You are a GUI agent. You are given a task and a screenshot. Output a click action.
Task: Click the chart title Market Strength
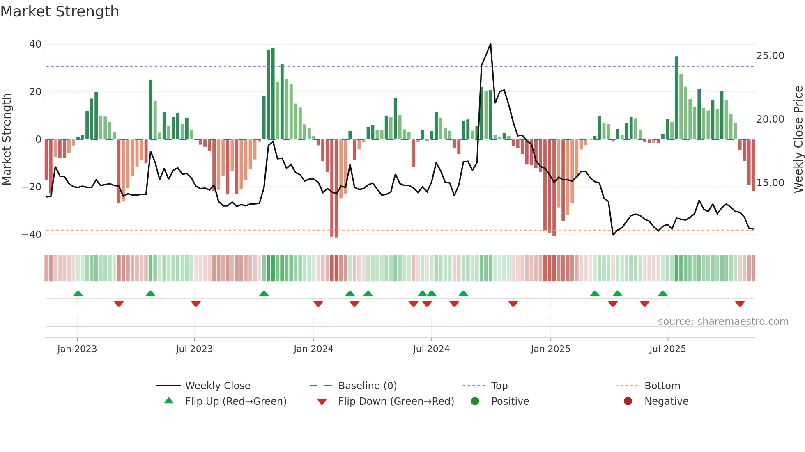[x=60, y=11]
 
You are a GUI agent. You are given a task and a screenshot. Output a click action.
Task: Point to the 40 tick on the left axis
[x=35, y=44]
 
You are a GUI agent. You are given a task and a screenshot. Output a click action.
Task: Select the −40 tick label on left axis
[x=32, y=235]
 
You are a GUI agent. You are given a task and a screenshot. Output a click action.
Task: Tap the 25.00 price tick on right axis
[x=770, y=56]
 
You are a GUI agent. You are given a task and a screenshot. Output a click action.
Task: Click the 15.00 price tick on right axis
[x=770, y=183]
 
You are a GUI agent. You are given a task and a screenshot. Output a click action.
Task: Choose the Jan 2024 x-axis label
[x=313, y=349]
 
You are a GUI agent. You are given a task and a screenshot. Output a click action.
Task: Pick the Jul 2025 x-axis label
[x=667, y=349]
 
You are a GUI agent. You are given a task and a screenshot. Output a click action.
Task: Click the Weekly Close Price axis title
[x=798, y=139]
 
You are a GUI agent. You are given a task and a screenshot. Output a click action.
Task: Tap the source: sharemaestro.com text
[x=723, y=322]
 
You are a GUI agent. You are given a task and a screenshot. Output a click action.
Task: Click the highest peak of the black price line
[x=490, y=44]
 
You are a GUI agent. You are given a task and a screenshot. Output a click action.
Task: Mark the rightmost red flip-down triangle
[x=740, y=304]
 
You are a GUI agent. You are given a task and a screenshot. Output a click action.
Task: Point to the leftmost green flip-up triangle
[x=78, y=293]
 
